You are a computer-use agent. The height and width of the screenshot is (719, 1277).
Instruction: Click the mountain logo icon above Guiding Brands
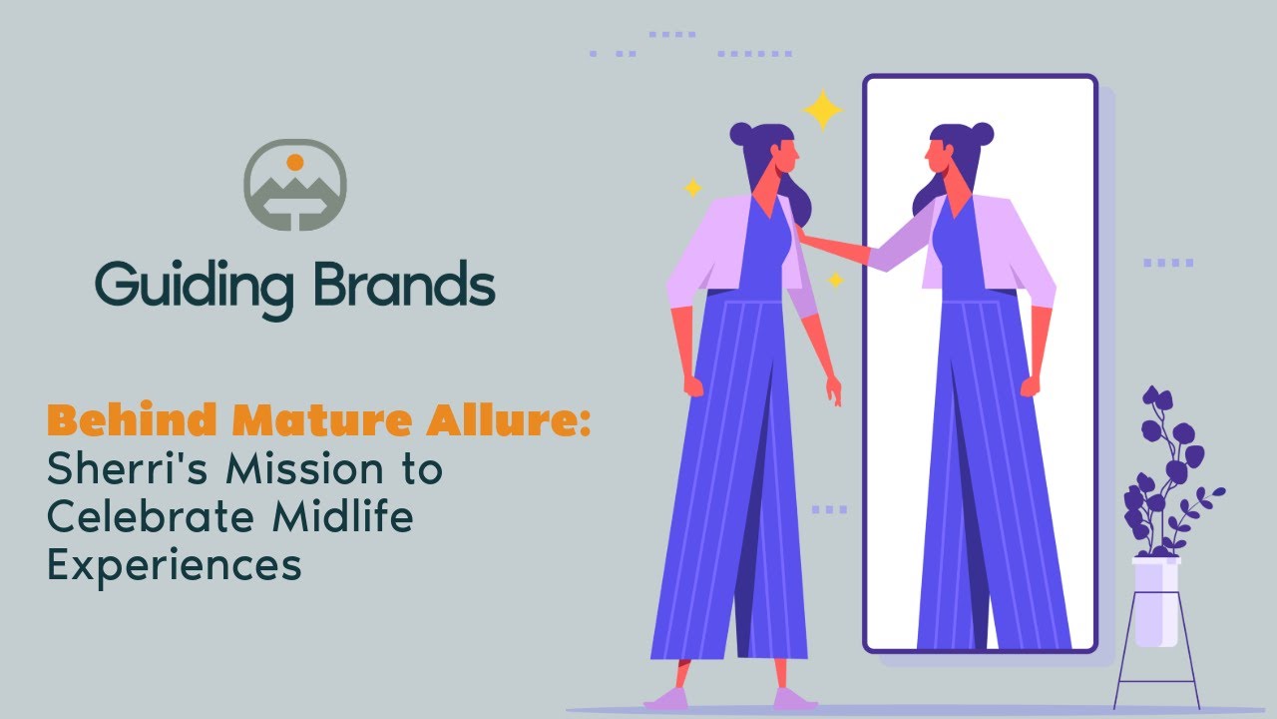tap(294, 185)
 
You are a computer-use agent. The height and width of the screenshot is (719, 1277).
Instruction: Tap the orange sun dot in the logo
tap(294, 162)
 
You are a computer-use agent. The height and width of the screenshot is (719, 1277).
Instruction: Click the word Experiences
tap(175, 566)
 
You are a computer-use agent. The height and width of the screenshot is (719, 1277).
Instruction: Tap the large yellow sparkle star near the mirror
tap(823, 110)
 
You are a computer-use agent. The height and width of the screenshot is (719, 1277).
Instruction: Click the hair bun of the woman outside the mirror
tap(741, 133)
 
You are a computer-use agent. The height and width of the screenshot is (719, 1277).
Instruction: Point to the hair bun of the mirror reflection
tap(982, 133)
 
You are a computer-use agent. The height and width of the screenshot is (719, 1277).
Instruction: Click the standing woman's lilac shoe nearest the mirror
tap(792, 698)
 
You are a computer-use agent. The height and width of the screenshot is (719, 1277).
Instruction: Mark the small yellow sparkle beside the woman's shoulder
tap(836, 281)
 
